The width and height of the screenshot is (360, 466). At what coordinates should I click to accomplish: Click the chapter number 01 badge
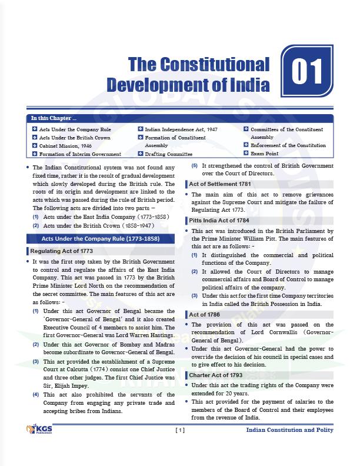[x=307, y=72]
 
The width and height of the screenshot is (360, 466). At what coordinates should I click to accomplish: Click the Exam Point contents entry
[x=265, y=154]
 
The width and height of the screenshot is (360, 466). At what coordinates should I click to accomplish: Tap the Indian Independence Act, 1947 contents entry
[x=181, y=129]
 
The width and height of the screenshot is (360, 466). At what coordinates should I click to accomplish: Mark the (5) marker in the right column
[x=194, y=165]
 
